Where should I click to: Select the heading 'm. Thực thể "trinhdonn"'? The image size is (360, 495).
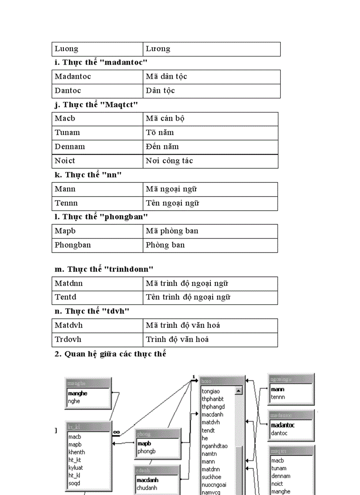pos(104,269)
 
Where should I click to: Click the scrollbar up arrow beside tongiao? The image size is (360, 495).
pos(238,391)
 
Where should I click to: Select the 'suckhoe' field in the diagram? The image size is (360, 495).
pos(211,477)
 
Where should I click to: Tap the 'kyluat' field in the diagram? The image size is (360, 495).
pos(75,468)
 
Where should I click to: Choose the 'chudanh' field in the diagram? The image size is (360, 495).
pos(146,488)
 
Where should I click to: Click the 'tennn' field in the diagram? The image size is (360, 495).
pos(278,397)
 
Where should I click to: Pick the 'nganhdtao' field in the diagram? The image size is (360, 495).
pos(214,446)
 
